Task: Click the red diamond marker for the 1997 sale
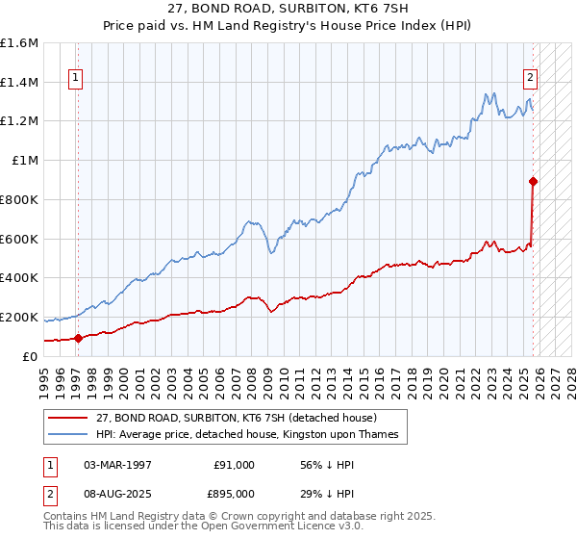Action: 78,338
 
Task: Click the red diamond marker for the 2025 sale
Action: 533,181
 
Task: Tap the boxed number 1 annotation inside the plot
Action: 74,80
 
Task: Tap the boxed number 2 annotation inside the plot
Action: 530,80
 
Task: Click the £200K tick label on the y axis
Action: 19,317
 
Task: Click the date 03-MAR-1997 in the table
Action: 117,464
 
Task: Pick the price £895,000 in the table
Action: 234,493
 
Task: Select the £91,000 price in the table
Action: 234,464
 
